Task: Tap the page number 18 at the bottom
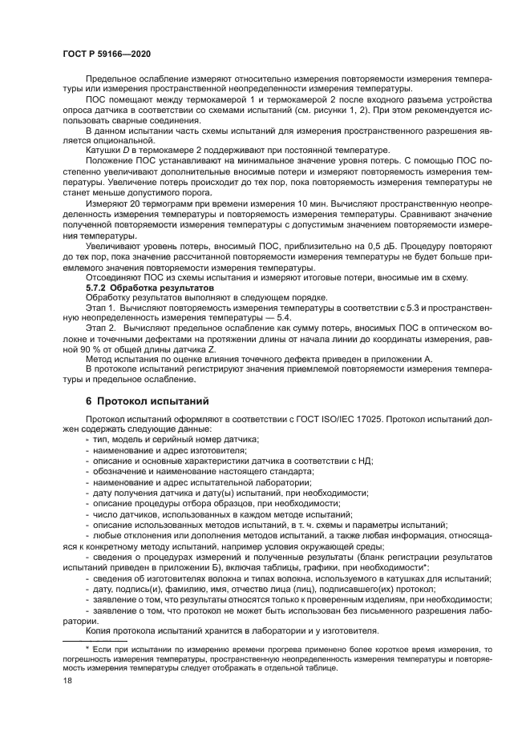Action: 67,679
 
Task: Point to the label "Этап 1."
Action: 100,307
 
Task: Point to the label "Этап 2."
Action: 100,328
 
